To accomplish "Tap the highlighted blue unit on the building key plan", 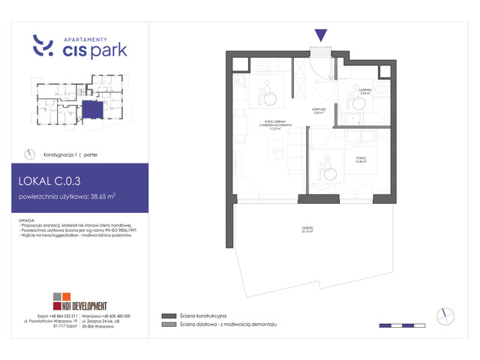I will pyautogui.click(x=91, y=110).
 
